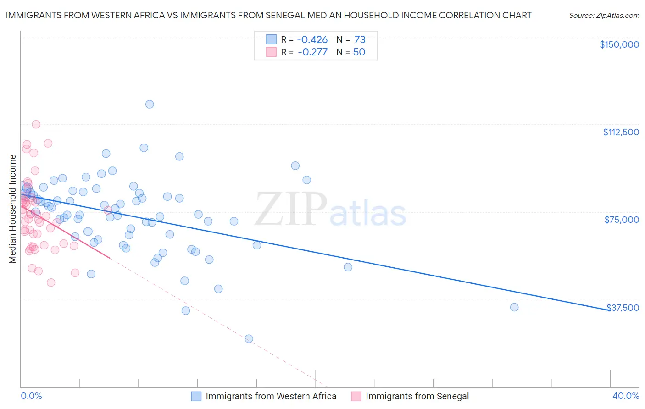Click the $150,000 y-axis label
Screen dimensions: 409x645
[619, 44]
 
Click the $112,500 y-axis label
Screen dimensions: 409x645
[621, 132]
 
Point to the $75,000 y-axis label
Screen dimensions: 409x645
[622, 220]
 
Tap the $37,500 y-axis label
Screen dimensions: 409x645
[623, 307]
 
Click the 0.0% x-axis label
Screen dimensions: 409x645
[31, 396]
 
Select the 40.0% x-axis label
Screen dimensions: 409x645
[625, 396]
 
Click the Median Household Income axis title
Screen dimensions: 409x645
[12, 209]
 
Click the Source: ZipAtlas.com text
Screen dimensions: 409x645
[604, 16]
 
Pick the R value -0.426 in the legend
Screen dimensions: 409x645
[312, 39]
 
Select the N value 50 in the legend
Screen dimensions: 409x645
[359, 52]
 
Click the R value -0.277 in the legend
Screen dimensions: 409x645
[312, 52]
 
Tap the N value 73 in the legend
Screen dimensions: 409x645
[360, 39]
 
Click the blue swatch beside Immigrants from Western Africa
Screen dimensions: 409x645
[196, 396]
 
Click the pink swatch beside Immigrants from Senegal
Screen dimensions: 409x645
[356, 396]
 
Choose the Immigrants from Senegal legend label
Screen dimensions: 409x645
[417, 396]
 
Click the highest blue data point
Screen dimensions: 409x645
[150, 104]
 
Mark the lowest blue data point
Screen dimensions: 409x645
[249, 339]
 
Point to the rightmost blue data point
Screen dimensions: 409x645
[514, 307]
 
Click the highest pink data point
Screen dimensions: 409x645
[36, 124]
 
